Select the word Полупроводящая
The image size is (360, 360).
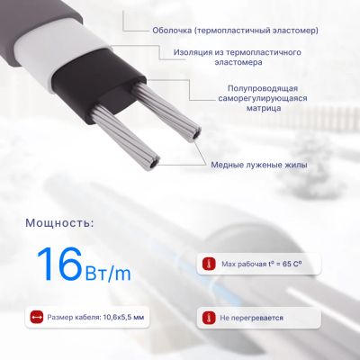click(x=263, y=88)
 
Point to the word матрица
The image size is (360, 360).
click(x=264, y=108)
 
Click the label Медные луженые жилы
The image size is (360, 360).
click(x=259, y=165)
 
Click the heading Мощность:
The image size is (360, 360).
click(x=59, y=223)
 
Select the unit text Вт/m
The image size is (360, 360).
click(x=108, y=273)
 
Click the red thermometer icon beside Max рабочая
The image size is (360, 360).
click(x=209, y=264)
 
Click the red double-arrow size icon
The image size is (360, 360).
click(x=36, y=317)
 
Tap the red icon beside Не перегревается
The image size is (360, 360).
click(x=209, y=318)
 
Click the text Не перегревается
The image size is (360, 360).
click(x=251, y=318)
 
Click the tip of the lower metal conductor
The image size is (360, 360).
click(x=154, y=165)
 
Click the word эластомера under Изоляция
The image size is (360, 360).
click(x=238, y=62)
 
